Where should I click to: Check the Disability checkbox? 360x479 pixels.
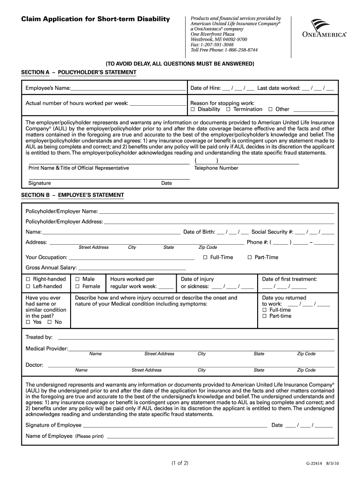(x=193, y=109)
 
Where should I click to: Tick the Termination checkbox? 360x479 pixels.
(x=228, y=109)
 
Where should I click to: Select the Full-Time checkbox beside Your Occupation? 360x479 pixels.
(x=205, y=257)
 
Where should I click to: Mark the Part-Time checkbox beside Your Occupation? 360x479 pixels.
(x=250, y=257)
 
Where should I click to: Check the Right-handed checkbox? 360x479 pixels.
(x=28, y=279)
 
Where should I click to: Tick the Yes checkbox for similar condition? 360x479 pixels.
(x=28, y=322)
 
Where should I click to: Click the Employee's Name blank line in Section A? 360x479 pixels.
(x=128, y=89)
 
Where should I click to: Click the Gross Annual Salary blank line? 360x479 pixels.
(x=132, y=268)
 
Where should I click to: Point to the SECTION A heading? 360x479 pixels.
(x=79, y=73)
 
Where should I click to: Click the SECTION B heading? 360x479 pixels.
(x=72, y=195)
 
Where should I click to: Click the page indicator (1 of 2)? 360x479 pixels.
(x=180, y=464)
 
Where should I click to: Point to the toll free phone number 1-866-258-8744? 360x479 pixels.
(x=241, y=50)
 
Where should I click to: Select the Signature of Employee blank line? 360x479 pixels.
(x=175, y=426)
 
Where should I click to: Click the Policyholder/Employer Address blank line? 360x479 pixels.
(x=219, y=222)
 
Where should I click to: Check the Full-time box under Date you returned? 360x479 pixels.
(x=265, y=310)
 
